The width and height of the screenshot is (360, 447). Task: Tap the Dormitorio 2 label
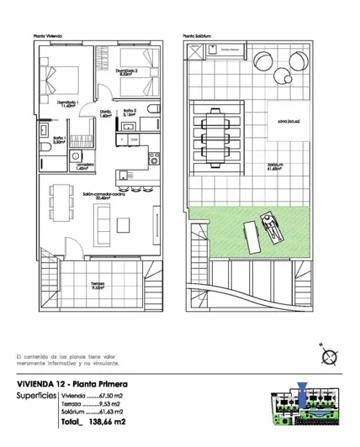[x=126, y=72]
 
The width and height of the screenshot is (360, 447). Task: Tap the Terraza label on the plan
[x=98, y=284]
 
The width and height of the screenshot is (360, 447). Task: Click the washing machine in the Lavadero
[x=77, y=155]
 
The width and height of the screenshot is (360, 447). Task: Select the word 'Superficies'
[x=36, y=394]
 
